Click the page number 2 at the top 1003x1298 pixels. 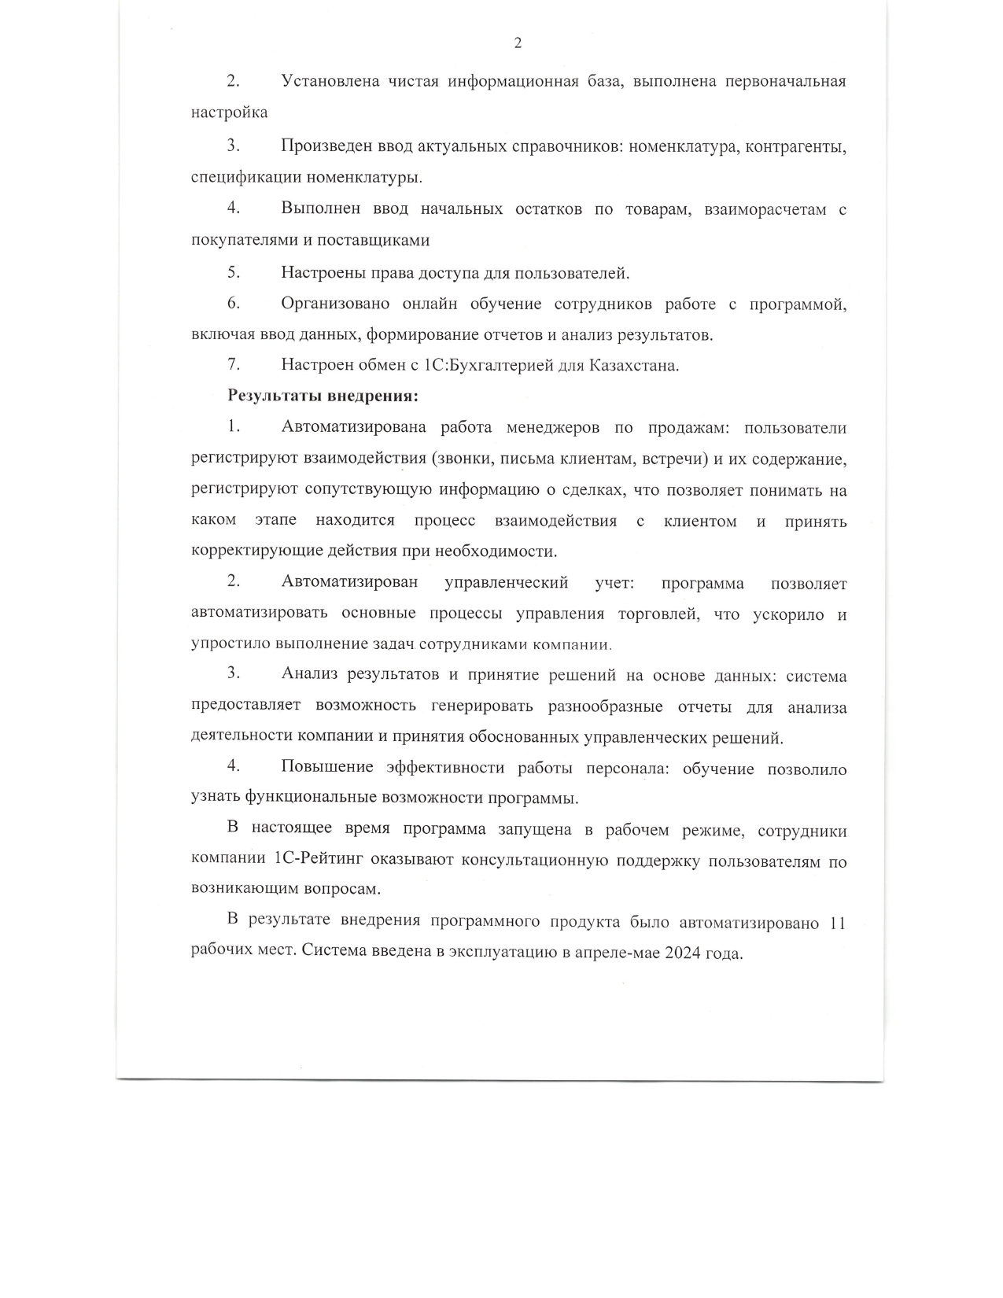(x=518, y=43)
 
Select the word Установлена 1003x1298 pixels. (x=330, y=81)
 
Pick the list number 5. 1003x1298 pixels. (x=234, y=272)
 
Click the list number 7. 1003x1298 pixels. (x=233, y=365)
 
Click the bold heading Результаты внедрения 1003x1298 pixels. (x=323, y=396)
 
